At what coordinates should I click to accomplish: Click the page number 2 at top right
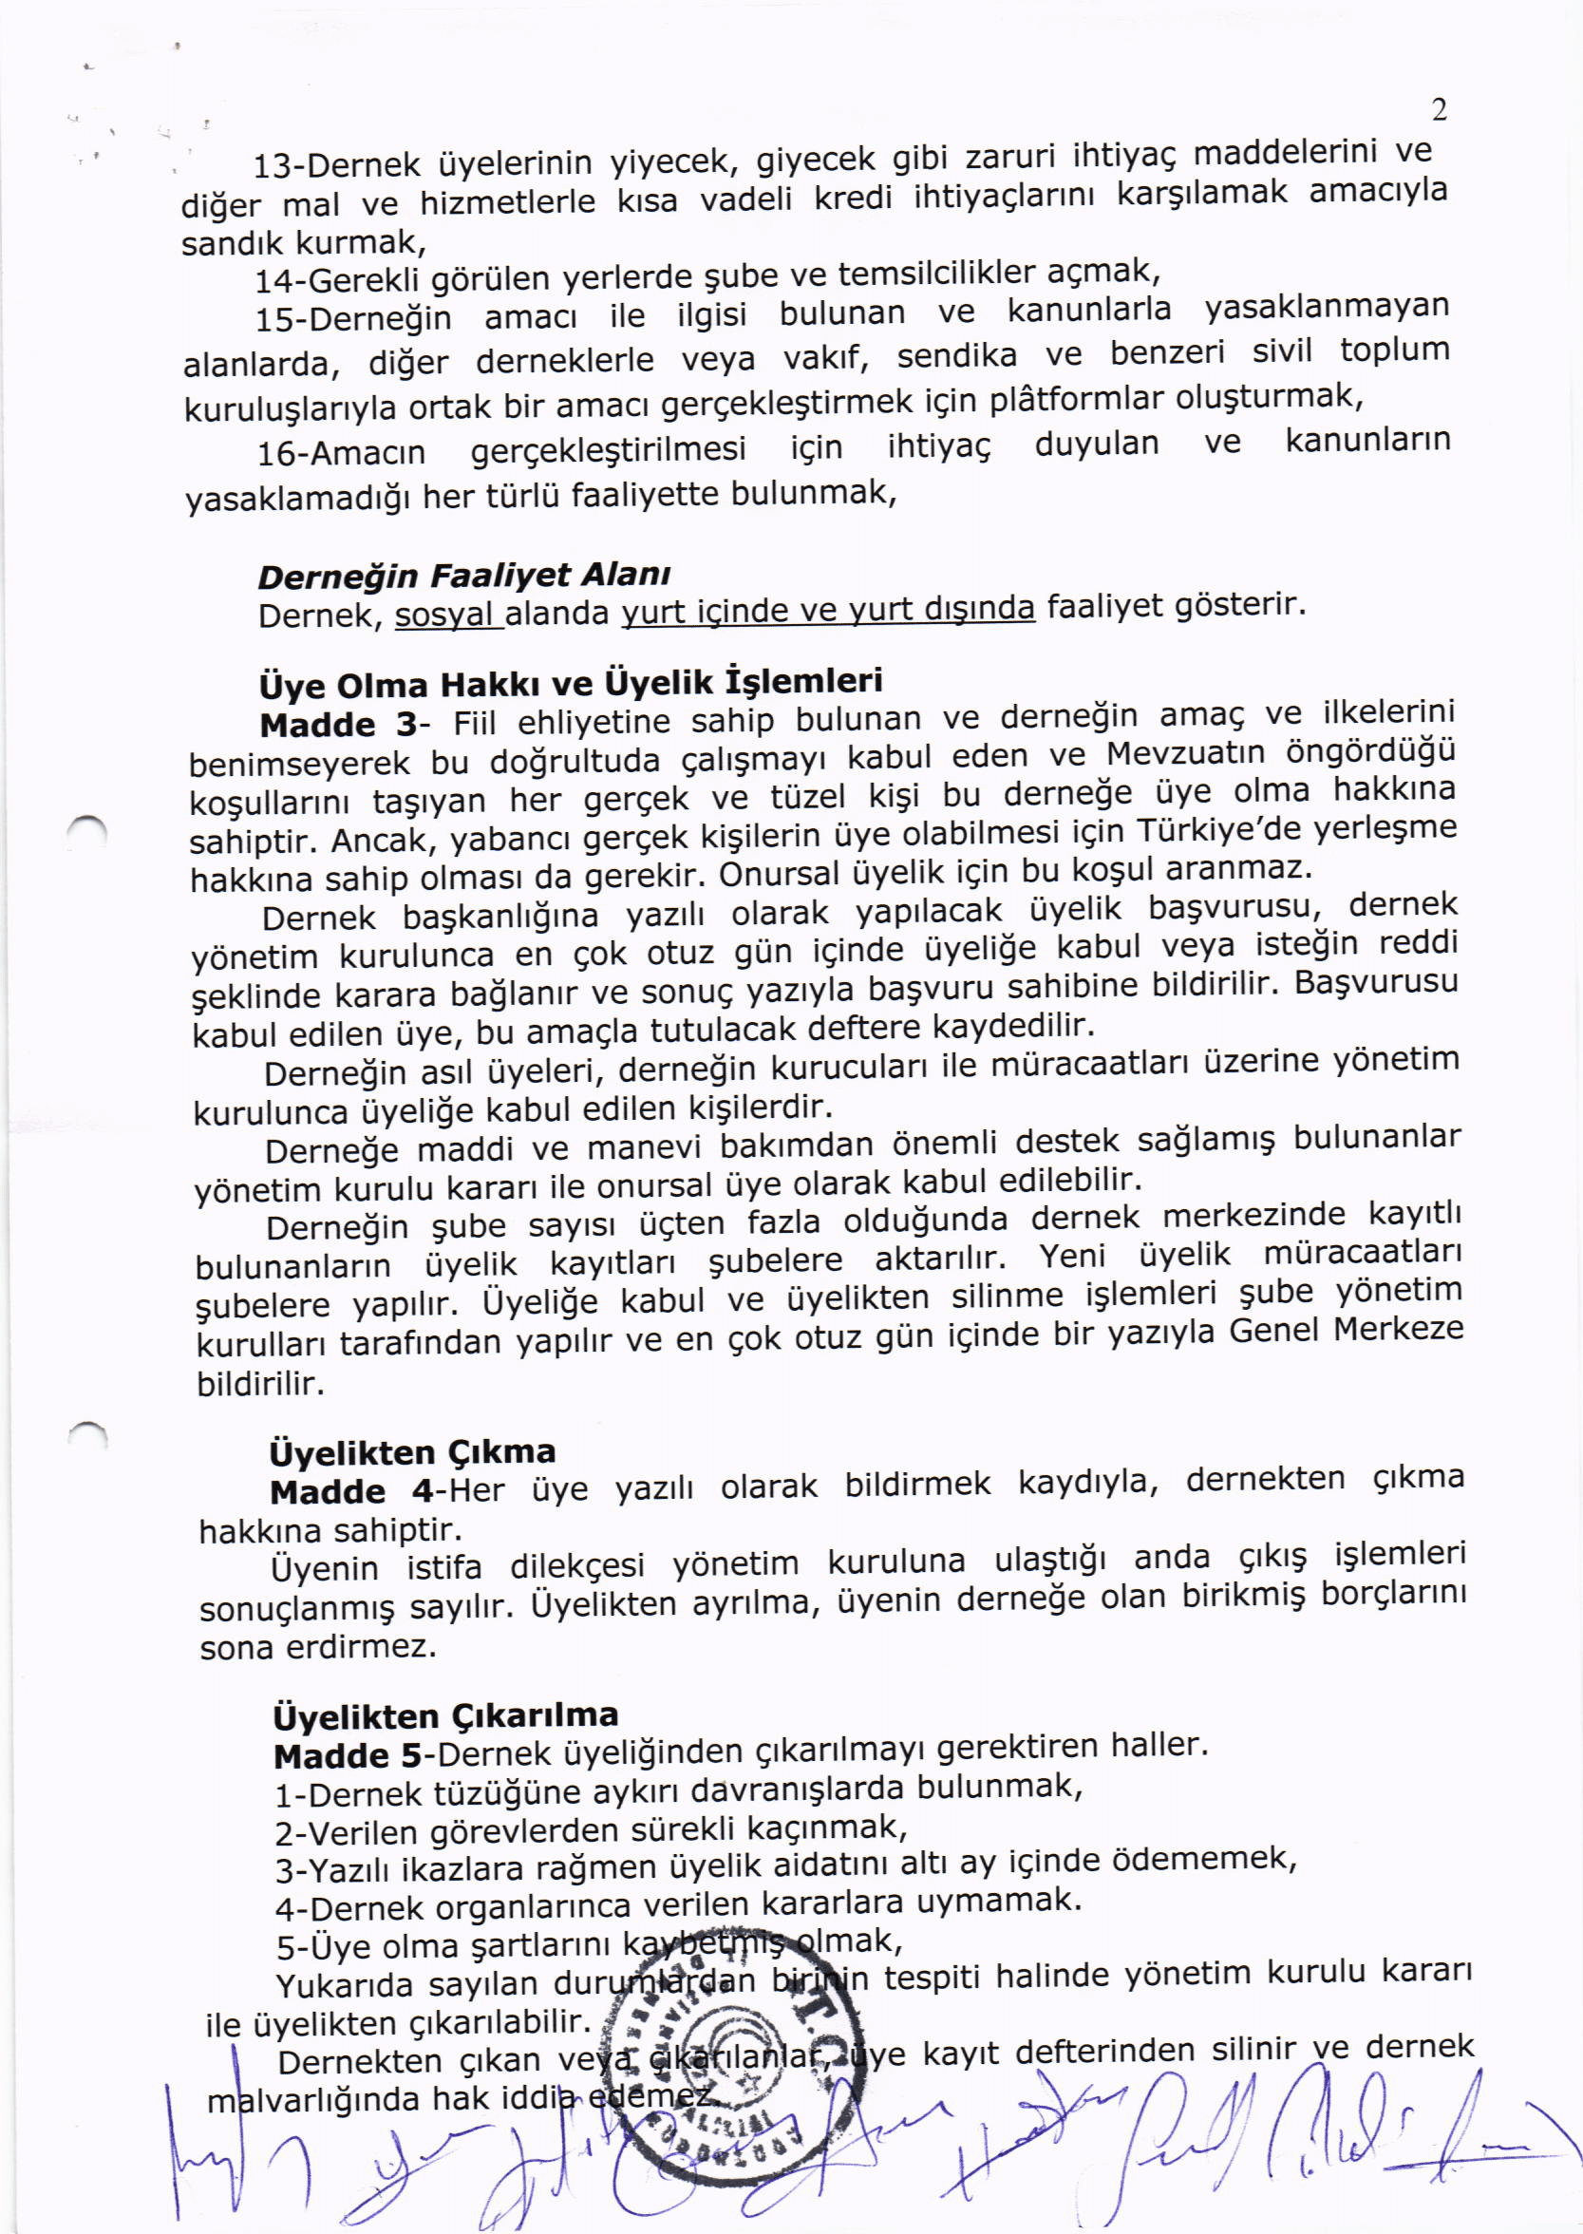(1439, 111)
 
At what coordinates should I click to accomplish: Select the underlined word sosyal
(447, 615)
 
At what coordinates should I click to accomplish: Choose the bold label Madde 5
(348, 1756)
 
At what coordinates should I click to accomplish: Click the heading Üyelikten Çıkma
(412, 1452)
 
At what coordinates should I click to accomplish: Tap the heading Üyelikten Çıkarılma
(446, 1714)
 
